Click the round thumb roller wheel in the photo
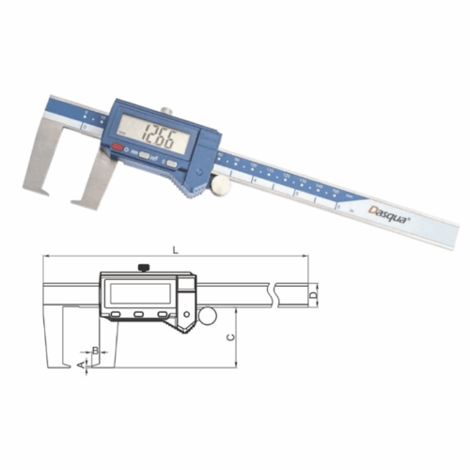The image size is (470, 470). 222,186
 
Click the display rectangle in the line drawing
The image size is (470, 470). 140,291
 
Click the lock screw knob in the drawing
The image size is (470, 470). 141,268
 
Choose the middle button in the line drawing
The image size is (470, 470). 139,314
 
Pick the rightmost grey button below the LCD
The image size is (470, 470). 172,163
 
